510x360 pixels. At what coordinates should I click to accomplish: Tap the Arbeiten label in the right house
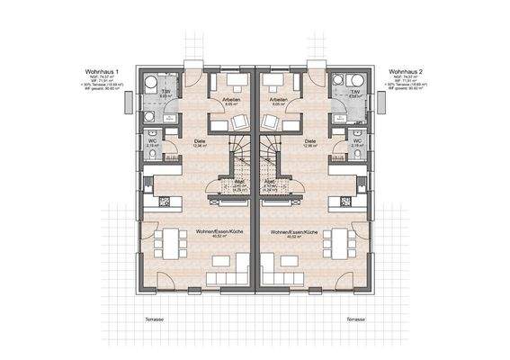pos(277,100)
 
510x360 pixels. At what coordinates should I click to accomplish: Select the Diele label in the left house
pos(201,141)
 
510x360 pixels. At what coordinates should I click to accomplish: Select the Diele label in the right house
pos(310,141)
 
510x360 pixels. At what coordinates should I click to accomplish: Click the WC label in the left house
pos(153,141)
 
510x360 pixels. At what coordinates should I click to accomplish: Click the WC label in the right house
pos(357,141)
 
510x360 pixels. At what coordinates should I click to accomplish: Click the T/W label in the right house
pos(344,91)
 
